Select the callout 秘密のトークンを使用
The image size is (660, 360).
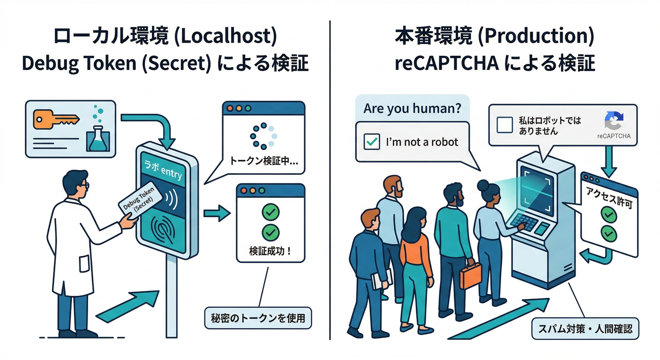pyautogui.click(x=258, y=318)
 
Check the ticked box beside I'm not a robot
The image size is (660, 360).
pyautogui.click(x=372, y=142)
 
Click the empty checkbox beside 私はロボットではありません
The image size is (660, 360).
pyautogui.click(x=504, y=125)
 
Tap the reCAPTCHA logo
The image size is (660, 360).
pyautogui.click(x=614, y=121)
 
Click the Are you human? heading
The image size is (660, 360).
pyautogui.click(x=412, y=109)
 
